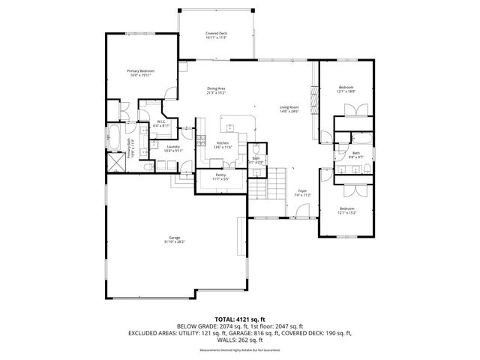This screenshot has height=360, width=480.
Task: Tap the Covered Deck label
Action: click(217, 34)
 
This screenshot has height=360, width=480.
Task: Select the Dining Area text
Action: click(217, 89)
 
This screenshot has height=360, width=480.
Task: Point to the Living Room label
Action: click(289, 108)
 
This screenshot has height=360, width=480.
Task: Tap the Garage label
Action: click(174, 239)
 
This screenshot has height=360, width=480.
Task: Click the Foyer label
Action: click(302, 191)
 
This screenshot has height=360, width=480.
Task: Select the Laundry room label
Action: click(173, 147)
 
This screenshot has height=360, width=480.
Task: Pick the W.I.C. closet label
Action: click(160, 122)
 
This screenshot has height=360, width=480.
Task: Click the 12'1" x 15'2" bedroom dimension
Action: click(346, 212)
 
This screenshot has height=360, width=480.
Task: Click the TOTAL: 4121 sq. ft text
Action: click(240, 319)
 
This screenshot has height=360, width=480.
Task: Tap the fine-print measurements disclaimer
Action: click(240, 350)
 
